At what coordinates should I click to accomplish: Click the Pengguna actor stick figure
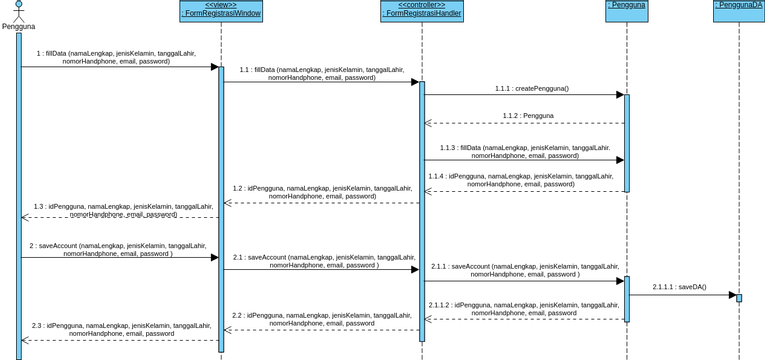[18, 11]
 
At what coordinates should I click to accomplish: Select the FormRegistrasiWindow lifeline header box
[221, 11]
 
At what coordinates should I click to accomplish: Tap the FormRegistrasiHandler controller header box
[422, 11]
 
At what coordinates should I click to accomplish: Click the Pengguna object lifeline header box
[627, 11]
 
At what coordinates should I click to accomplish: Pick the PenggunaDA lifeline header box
[739, 11]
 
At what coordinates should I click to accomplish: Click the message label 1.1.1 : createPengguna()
[531, 88]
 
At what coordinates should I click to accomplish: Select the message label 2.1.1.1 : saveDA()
[679, 287]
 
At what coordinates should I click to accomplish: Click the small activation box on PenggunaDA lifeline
[739, 298]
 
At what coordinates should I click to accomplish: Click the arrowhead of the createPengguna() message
[619, 95]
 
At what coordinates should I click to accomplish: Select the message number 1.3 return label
[123, 210]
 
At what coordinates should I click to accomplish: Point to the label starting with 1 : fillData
[116, 57]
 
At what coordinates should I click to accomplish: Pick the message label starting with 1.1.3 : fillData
[525, 151]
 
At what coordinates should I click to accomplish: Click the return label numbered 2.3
[121, 329]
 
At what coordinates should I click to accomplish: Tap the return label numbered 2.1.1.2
[524, 309]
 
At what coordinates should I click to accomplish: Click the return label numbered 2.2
[322, 319]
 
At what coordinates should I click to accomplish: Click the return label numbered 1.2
[322, 191]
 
